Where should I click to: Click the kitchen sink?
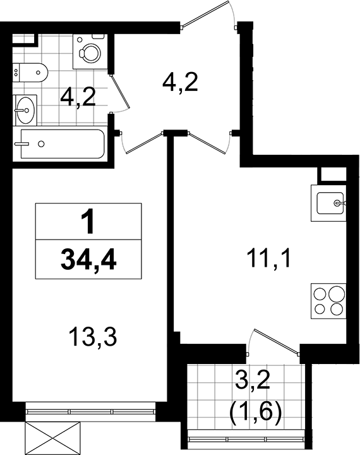tap(332, 203)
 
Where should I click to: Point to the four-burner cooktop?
tap(328, 301)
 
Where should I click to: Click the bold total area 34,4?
tap(88, 258)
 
